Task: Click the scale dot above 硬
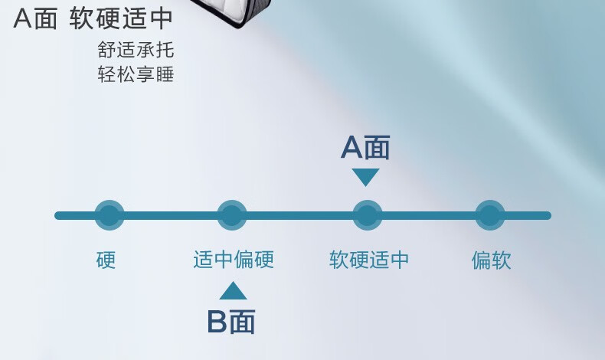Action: (109, 215)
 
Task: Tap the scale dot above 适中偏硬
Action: (232, 215)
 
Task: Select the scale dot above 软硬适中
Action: (367, 215)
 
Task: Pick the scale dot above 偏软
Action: (490, 215)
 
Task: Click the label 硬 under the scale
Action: (106, 260)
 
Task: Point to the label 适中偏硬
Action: (233, 260)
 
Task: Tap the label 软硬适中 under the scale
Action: (369, 260)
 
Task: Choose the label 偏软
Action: (491, 260)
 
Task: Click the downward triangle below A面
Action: (366, 177)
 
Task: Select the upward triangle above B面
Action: (233, 291)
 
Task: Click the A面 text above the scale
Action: (365, 148)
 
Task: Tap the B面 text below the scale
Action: (231, 322)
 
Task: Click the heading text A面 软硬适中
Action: (93, 19)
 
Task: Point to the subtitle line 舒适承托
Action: (136, 51)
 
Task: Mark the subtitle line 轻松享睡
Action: (136, 75)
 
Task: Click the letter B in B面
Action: (217, 322)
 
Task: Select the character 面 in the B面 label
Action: (243, 322)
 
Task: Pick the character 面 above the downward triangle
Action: (378, 148)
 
